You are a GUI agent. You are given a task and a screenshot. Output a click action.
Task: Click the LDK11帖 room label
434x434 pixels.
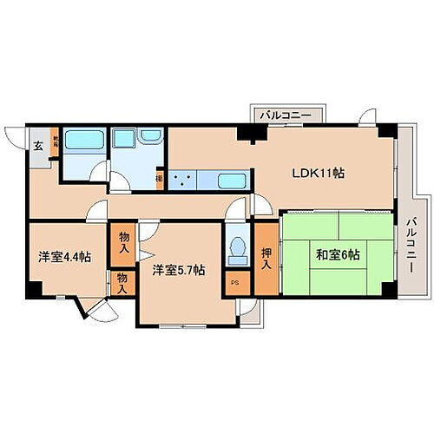317,173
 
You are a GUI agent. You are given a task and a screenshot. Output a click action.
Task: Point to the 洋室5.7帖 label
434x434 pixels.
179,270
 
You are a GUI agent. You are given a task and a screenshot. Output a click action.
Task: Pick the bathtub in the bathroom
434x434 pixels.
82,140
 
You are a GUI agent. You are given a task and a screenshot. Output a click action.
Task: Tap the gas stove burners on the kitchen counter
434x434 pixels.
184,181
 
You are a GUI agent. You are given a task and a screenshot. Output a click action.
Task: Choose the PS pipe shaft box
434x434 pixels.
234,283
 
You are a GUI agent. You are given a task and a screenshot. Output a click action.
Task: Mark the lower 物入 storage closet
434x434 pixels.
122,284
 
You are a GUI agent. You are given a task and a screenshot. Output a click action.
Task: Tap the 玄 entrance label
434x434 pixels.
38,146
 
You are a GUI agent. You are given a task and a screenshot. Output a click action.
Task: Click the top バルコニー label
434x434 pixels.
288,114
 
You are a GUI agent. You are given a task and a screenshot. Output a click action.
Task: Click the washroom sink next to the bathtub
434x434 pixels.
149,138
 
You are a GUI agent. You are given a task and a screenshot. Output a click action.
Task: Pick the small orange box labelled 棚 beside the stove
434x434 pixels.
159,181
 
